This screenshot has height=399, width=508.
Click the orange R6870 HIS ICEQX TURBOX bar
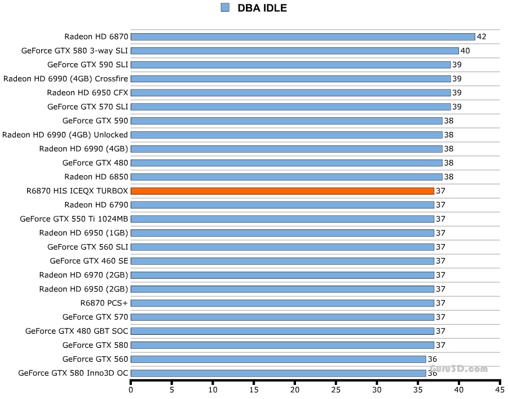coord(282,191)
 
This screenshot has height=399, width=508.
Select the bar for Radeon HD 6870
coord(303,37)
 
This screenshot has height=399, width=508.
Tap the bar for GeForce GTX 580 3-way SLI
coord(294,51)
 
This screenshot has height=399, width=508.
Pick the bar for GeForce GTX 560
coord(278,359)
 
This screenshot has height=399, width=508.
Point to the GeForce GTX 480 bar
coord(286,163)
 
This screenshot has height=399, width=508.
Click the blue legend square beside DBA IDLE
coord(226,7)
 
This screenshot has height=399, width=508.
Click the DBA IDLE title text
coord(262,8)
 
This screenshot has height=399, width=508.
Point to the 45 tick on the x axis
coord(499,389)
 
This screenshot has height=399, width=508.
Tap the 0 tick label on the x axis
coord(131,389)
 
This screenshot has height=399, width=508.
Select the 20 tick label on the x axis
coord(295,389)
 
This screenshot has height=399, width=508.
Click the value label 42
coord(482,37)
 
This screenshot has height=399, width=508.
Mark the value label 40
coord(465,51)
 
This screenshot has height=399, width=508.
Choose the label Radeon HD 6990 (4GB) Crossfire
coord(65,79)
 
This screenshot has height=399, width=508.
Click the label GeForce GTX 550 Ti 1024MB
coord(74,219)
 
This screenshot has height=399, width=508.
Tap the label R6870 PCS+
coord(104,303)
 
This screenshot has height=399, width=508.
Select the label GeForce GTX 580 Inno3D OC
coord(73,373)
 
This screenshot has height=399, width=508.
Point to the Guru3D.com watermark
coord(459,369)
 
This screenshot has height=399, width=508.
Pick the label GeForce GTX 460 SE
coord(89,261)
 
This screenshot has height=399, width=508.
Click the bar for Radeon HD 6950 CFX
coord(290,92)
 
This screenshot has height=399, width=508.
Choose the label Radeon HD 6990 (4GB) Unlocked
coord(65,135)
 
